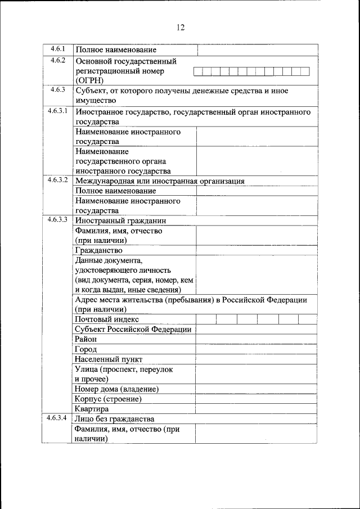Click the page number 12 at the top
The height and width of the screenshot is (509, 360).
[x=180, y=28]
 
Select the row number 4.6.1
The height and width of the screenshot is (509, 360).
[x=58, y=49]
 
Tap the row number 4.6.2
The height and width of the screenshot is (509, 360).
[x=58, y=60]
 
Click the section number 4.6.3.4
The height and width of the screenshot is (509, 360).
[x=57, y=418]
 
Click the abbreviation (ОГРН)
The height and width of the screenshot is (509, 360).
[x=89, y=80]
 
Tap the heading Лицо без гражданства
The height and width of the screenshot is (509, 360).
[x=115, y=419]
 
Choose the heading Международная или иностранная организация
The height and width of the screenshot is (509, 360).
[x=160, y=181]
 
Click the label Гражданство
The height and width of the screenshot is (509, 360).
[x=98, y=250]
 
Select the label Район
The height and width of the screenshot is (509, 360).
[x=85, y=339]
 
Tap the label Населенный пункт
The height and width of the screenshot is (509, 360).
[x=109, y=359]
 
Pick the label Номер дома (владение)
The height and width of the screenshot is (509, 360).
[x=116, y=389]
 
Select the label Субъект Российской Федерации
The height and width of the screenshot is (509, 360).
[x=133, y=330]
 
